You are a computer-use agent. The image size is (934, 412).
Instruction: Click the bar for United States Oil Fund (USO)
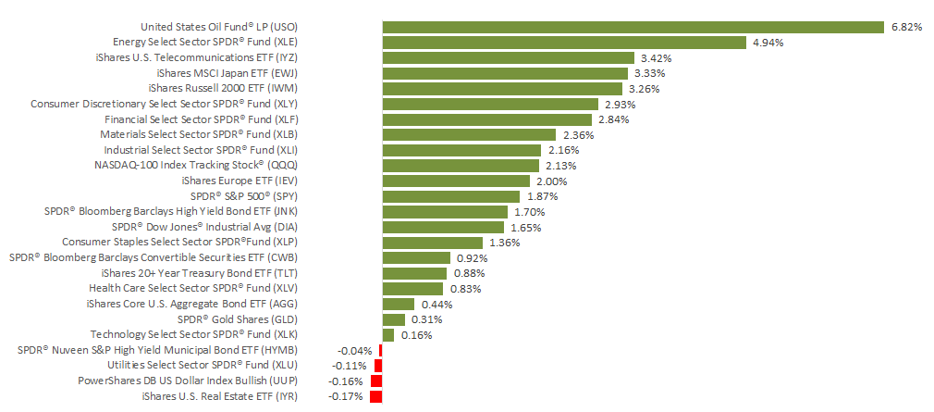[x=633, y=27]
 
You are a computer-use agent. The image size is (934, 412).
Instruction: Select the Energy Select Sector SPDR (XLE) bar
[x=564, y=42]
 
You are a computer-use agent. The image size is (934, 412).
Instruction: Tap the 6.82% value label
[x=906, y=27]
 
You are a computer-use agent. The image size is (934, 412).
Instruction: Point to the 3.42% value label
[x=656, y=57]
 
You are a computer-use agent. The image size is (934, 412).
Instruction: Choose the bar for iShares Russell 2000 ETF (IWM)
[x=502, y=88]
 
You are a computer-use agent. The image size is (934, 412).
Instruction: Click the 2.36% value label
[x=578, y=134]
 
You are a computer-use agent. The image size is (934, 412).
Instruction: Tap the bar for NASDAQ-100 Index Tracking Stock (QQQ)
[x=461, y=165]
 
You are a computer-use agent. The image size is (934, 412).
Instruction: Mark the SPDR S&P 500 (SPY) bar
[x=451, y=195]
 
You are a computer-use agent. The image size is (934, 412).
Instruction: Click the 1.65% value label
[x=526, y=227]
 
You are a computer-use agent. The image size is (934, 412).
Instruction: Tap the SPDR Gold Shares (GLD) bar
[x=394, y=318]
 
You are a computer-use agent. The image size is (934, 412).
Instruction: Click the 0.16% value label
[x=416, y=334]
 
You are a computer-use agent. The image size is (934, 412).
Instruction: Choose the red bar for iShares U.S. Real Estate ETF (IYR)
[x=375, y=396]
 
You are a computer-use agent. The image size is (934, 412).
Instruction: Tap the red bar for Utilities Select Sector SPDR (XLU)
[x=378, y=365]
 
